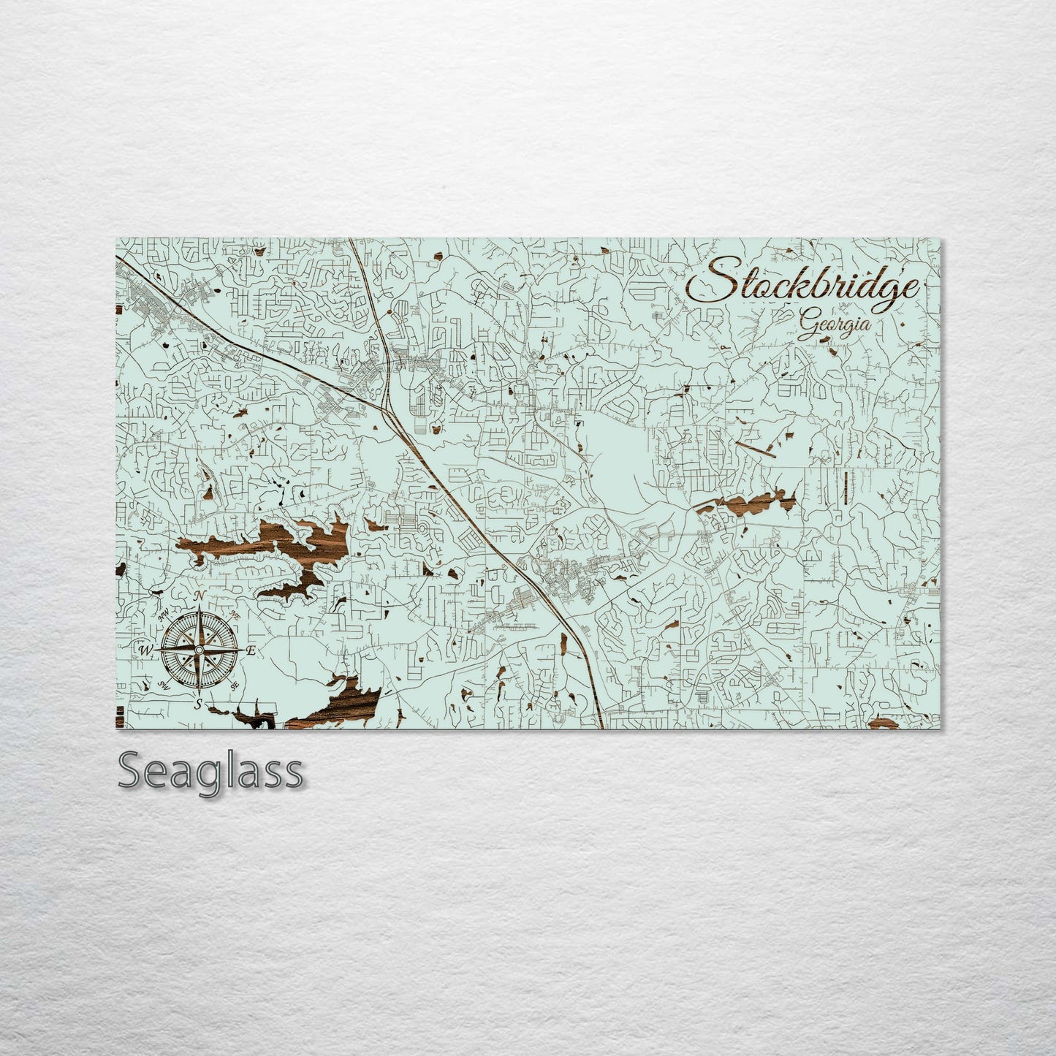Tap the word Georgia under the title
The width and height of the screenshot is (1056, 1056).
pyautogui.click(x=834, y=322)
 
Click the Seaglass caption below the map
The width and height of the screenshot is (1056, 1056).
pyautogui.click(x=210, y=771)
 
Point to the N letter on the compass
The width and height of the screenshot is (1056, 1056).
pyautogui.click(x=199, y=597)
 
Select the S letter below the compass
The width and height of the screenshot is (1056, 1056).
pyautogui.click(x=198, y=704)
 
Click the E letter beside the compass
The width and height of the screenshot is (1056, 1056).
pyautogui.click(x=251, y=650)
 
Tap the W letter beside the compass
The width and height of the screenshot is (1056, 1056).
pyautogui.click(x=144, y=649)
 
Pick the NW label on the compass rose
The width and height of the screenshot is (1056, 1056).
pyautogui.click(x=164, y=616)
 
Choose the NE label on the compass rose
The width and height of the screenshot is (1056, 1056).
pyautogui.click(x=234, y=615)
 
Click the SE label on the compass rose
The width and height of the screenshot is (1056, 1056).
pyautogui.click(x=235, y=685)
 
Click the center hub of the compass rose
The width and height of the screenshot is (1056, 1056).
pyautogui.click(x=198, y=649)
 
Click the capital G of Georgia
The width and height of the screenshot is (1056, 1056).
pyautogui.click(x=808, y=321)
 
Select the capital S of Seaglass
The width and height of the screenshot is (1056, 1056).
pyautogui.click(x=132, y=771)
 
